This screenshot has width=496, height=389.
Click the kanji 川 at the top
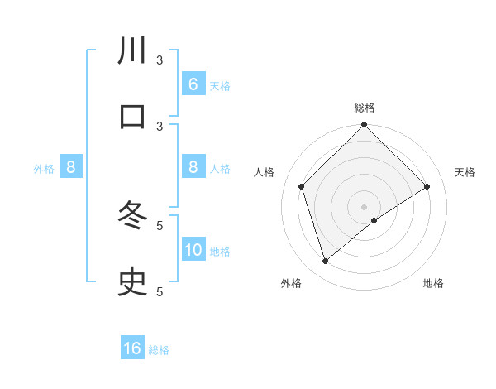[132, 51]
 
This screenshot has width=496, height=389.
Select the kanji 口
[132, 117]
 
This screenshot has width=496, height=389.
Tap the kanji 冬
[132, 217]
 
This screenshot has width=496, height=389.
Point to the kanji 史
[132, 283]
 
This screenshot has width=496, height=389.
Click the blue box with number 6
[193, 84]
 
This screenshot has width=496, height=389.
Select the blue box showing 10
[193, 250]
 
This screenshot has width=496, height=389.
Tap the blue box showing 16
[132, 348]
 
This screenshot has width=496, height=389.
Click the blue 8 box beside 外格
[71, 167]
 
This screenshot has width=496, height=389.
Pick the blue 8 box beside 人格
[193, 167]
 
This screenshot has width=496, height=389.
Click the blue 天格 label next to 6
[220, 86]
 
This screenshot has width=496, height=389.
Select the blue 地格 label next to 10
[220, 252]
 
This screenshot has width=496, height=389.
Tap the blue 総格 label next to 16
[159, 350]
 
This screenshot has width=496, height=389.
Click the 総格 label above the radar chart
[365, 108]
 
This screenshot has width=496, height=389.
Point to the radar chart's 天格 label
[465, 172]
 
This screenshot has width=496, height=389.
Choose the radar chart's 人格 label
[265, 172]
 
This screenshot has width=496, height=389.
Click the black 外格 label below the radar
[291, 283]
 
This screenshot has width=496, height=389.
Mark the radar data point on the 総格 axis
[365, 126]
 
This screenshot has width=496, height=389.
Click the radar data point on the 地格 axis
[374, 220]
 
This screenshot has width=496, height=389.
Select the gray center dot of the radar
[365, 206]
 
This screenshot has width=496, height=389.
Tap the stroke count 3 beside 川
[160, 60]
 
